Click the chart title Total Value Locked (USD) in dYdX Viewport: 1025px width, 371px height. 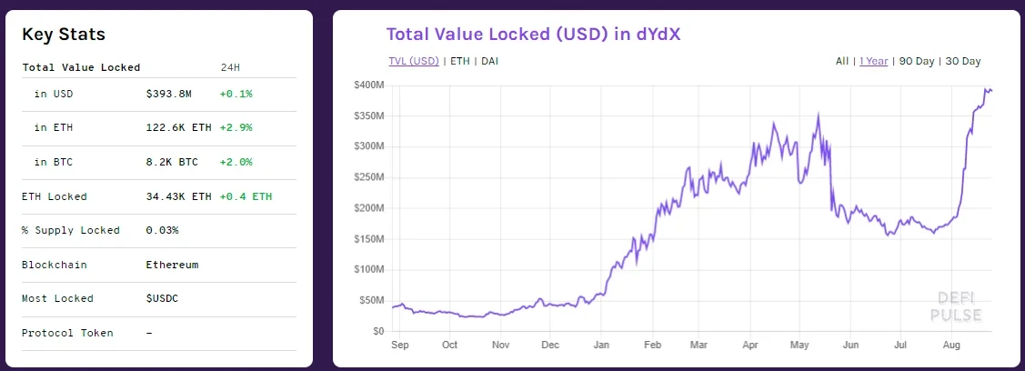pos(534,35)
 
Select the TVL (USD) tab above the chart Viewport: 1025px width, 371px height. pos(413,61)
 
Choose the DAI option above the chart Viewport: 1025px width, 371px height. pos(489,61)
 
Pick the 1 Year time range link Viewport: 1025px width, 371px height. pos(874,61)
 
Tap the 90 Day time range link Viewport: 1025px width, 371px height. pos(917,61)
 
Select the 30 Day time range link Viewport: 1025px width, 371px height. pos(963,61)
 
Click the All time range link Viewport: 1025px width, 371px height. pos(842,61)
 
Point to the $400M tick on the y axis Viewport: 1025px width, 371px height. pos(368,85)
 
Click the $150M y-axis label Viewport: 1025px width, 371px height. pos(368,239)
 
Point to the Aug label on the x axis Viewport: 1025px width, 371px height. pos(951,346)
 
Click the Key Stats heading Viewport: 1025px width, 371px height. pos(64,35)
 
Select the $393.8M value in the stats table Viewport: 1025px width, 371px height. pos(168,94)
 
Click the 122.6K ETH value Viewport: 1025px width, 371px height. pos(178,128)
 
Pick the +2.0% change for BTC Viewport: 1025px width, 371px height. pos(236,163)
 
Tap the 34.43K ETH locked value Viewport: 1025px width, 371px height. pos(178,196)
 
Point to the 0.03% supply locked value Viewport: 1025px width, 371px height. pos(162,230)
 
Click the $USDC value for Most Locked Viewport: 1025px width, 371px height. pos(163,298)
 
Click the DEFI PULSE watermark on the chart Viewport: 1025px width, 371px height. pos(955,306)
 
